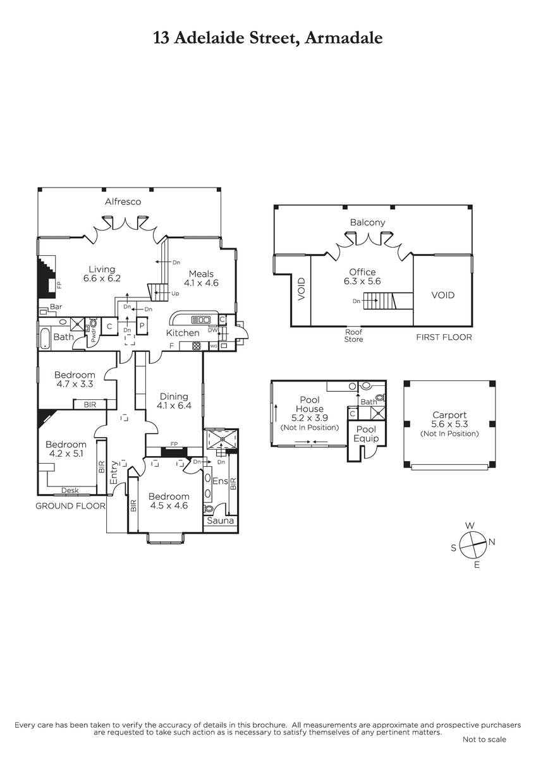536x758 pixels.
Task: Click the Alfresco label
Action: pos(123,202)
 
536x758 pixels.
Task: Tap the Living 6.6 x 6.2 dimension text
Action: pos(102,279)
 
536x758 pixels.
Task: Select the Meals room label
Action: pos(201,274)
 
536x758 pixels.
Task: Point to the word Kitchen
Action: pos(183,333)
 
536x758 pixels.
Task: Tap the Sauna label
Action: pos(221,520)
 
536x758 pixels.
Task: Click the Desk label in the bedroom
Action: pos(70,490)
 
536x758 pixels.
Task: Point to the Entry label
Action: pos(114,472)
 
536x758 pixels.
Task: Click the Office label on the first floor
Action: pos(362,272)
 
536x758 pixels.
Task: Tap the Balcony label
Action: pos(367,222)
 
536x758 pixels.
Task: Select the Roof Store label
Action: pos(353,335)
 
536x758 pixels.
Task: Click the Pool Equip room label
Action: pos(366,434)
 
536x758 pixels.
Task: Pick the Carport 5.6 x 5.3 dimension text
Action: pos(449,424)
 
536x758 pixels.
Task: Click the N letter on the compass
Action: pos(492,542)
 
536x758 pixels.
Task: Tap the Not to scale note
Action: pos(484,749)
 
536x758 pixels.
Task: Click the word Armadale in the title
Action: pos(344,38)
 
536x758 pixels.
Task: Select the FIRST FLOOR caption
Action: pos(444,337)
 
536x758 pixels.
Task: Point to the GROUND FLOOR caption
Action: pos(70,506)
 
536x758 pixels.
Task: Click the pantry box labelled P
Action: pos(142,325)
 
